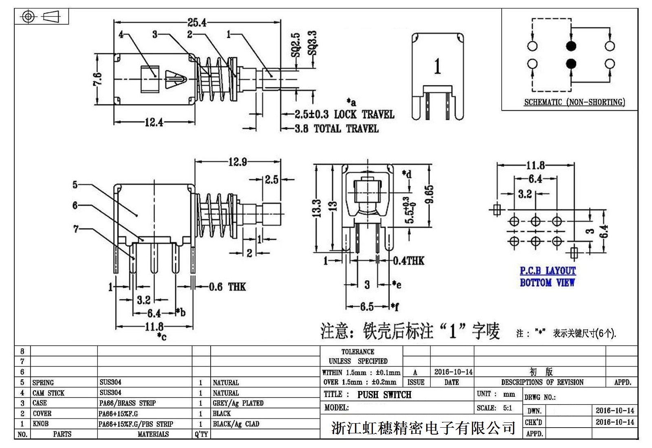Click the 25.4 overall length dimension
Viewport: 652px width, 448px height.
click(197, 22)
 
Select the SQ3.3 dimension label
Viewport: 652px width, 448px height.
click(312, 44)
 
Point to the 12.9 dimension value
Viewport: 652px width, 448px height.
click(238, 162)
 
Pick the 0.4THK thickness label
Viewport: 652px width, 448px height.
click(408, 261)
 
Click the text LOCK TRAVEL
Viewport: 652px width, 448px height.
click(364, 114)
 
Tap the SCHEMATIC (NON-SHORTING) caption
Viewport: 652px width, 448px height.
click(574, 102)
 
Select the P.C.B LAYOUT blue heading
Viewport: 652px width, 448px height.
click(548, 271)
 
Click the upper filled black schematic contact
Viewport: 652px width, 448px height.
click(571, 46)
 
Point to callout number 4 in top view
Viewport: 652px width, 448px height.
click(121, 35)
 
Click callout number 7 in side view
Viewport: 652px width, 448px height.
click(76, 229)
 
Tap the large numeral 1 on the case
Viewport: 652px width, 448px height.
click(437, 66)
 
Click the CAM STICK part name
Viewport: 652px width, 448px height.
click(48, 393)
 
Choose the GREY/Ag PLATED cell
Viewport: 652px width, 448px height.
click(238, 403)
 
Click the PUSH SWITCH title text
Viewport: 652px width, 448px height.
click(384, 395)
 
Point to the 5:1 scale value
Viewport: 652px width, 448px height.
click(507, 408)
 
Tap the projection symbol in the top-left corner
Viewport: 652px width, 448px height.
click(42, 17)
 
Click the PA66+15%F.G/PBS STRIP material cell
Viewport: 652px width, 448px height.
click(136, 424)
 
